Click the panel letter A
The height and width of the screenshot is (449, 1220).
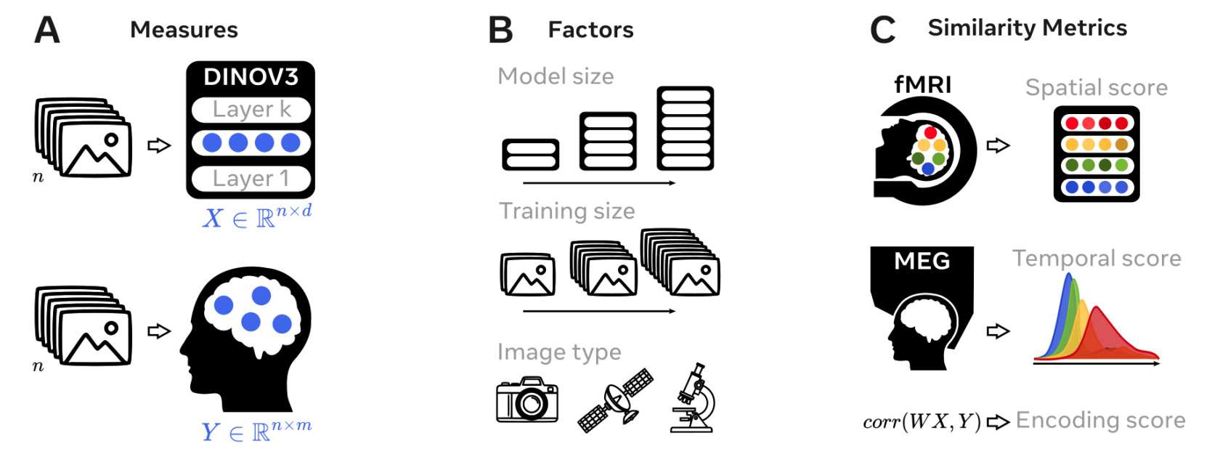47,31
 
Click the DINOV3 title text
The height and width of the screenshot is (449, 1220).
251,77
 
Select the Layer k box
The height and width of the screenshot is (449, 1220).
251,110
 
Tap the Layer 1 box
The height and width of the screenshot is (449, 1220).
251,179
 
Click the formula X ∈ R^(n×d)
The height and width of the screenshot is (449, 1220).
257,217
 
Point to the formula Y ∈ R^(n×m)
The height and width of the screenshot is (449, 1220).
256,432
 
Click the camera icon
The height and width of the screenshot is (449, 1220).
527,400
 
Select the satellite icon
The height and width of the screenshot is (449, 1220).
615,400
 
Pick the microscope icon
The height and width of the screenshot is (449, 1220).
694,399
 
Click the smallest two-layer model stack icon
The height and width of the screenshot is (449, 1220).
530,155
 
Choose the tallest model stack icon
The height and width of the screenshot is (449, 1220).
685,129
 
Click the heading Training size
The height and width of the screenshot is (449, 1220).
566,211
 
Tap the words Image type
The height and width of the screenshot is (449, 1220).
559,352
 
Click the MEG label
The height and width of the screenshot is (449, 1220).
922,261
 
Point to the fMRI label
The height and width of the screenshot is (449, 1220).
922,85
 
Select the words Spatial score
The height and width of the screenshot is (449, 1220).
1096,88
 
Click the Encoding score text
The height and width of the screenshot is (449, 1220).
1100,421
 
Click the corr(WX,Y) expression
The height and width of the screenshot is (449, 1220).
922,422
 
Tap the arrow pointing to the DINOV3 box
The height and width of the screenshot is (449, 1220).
159,145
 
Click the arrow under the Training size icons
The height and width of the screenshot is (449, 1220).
599,311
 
